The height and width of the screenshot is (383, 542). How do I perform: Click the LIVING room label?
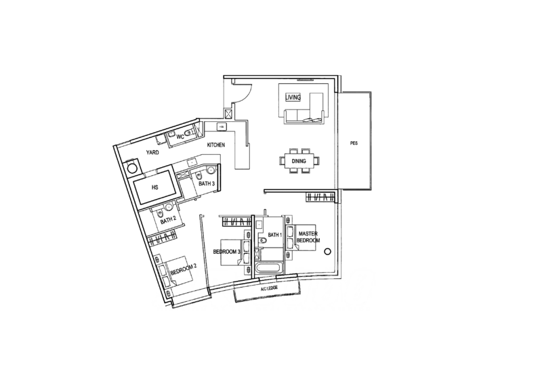(293, 97)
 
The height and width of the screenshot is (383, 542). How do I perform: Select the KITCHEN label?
(215, 145)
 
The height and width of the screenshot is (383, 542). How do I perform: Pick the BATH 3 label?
(205, 183)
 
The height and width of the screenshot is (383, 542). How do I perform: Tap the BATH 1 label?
(274, 235)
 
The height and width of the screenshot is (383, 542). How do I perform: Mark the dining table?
(297, 161)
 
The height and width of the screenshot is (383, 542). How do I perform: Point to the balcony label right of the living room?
(353, 142)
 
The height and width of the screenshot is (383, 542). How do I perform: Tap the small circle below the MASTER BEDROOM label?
(327, 252)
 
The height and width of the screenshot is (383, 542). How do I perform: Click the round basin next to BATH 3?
(211, 170)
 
